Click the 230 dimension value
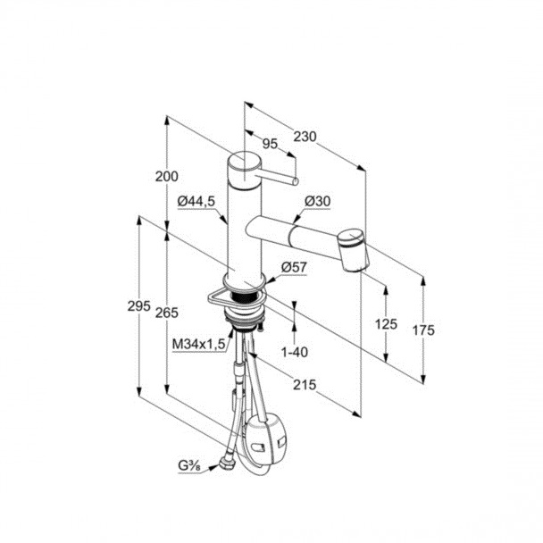point(305,137)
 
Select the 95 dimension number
point(270,144)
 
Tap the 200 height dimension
point(166,177)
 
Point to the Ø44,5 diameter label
point(196,201)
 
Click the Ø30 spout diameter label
point(318,201)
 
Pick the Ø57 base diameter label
point(294,267)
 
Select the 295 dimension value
point(138,306)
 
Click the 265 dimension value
point(167,313)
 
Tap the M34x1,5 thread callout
point(199,344)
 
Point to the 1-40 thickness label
point(295,353)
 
